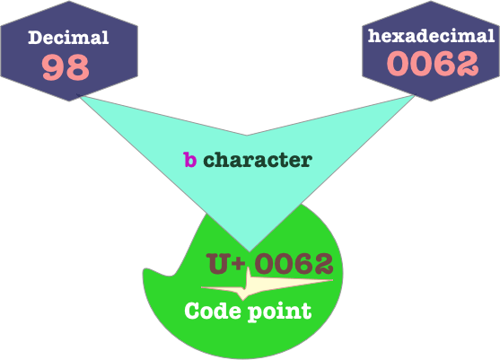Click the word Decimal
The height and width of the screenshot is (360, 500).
68,38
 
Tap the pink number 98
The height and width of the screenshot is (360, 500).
66,67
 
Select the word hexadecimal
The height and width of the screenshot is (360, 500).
431,36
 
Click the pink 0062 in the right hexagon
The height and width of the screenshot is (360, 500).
433,64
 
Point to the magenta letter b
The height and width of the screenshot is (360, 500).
189,160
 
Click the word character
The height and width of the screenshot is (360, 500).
258,160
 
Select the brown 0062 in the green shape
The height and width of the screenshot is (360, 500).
294,263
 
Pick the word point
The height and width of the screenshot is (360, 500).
280,312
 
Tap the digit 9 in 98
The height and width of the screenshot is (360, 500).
54,67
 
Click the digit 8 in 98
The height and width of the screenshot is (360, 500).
77,67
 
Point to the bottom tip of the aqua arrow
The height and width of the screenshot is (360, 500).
250,251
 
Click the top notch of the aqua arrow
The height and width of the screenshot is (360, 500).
247,136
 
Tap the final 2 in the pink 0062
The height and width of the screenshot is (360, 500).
467,64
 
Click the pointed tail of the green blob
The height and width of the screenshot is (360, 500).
145,271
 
